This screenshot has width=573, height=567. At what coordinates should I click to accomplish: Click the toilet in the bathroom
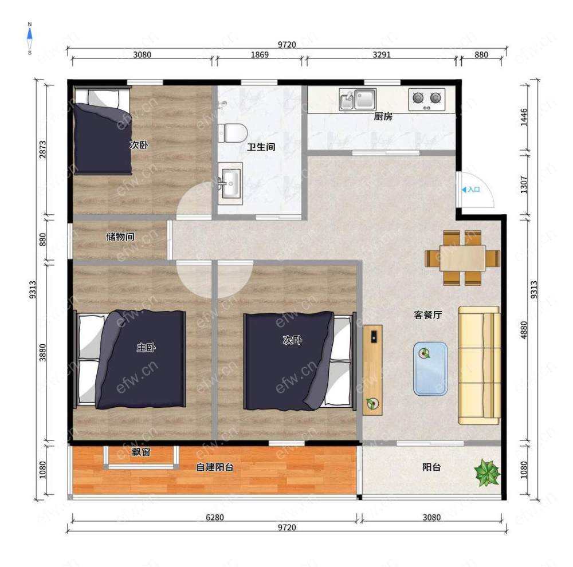click(233, 133)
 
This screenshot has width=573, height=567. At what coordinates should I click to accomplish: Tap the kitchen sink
click(358, 100)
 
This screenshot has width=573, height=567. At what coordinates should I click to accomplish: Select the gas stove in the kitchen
click(426, 100)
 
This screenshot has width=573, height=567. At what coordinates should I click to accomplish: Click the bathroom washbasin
click(230, 183)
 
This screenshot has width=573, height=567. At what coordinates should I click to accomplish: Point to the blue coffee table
click(430, 369)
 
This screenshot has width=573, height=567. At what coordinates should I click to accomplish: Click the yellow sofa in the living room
click(480, 365)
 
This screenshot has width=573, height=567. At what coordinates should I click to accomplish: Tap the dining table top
click(462, 258)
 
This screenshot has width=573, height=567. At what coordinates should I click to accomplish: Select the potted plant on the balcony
click(486, 472)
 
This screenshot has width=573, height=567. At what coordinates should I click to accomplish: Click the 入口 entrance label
click(474, 190)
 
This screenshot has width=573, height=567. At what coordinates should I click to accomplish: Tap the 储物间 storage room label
click(120, 237)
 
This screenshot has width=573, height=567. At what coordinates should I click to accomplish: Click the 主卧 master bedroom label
click(146, 348)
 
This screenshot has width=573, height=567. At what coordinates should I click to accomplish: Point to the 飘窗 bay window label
click(141, 452)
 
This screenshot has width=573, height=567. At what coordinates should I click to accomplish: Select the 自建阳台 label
click(215, 467)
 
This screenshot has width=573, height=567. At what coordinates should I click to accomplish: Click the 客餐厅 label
click(428, 315)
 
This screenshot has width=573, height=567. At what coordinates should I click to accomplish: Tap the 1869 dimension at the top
click(260, 55)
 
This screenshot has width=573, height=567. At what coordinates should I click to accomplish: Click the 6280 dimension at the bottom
click(214, 517)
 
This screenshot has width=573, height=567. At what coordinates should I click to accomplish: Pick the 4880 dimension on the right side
click(524, 330)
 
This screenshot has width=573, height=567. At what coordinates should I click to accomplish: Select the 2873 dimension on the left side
click(43, 149)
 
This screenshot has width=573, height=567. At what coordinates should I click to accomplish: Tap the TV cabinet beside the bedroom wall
click(372, 370)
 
